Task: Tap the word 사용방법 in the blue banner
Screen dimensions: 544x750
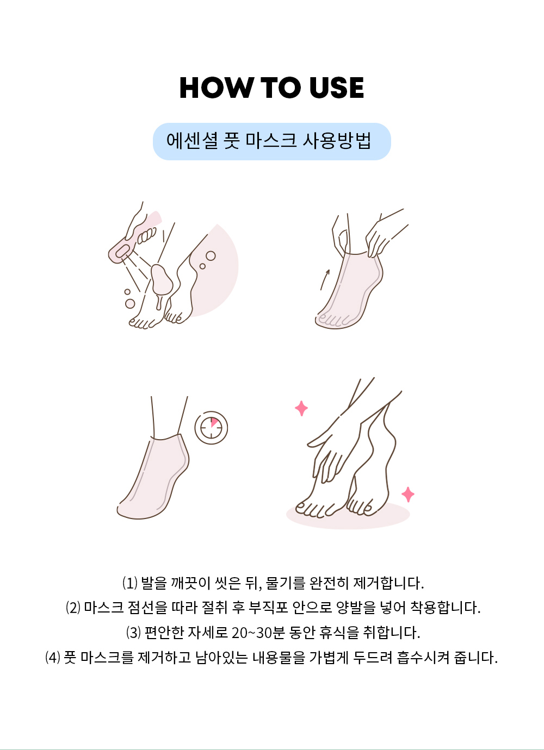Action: point(337,141)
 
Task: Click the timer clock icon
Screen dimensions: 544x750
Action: point(211,428)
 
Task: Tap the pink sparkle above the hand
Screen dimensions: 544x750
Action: point(301,408)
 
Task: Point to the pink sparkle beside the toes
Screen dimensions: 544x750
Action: point(408,495)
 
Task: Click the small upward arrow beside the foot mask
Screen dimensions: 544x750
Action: point(325,279)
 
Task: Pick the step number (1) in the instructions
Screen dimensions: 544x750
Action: point(130,583)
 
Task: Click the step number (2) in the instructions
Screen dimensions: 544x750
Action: point(73,608)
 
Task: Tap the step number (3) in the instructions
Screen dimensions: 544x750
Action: point(133,633)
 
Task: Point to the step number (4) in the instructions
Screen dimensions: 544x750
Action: point(53,658)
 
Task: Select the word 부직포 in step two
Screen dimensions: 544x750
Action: point(268,608)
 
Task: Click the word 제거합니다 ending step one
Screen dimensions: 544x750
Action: point(389,583)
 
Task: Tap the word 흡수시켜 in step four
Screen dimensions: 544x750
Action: point(423,658)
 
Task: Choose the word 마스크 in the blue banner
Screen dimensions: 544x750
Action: point(271,141)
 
